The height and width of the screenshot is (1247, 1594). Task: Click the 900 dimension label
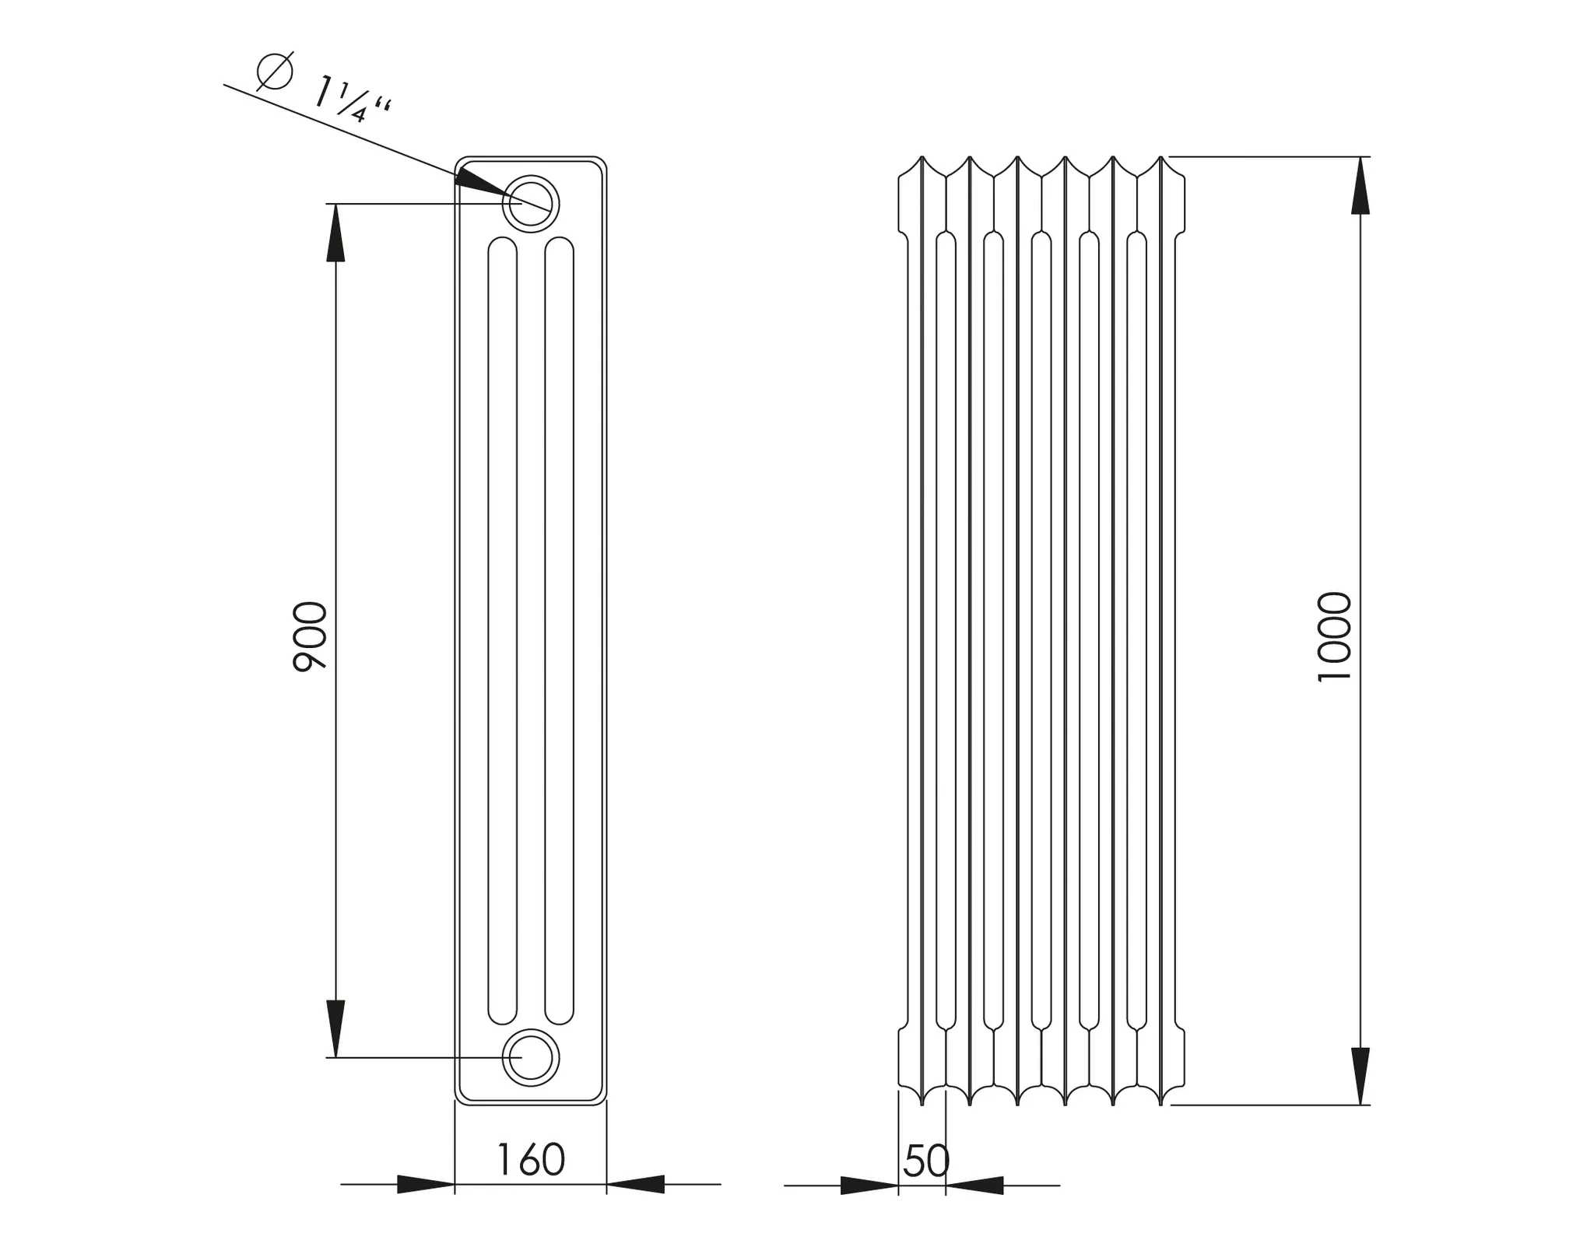pyautogui.click(x=311, y=636)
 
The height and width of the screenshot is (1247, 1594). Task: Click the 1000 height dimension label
pyautogui.click(x=1334, y=637)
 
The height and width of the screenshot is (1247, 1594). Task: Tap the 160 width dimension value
pyautogui.click(x=530, y=1160)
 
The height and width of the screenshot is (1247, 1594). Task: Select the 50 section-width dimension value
pyautogui.click(x=926, y=1161)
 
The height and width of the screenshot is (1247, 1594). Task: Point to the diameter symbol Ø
pyautogui.click(x=275, y=72)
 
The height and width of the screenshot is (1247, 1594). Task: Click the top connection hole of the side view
pyautogui.click(x=531, y=204)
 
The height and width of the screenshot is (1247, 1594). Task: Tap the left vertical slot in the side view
pyautogui.click(x=502, y=630)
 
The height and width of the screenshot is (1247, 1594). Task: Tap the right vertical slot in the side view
pyautogui.click(x=560, y=630)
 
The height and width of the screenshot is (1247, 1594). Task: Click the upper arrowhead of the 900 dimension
pyautogui.click(x=335, y=233)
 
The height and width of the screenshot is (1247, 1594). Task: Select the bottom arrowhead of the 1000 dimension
pyautogui.click(x=1360, y=1076)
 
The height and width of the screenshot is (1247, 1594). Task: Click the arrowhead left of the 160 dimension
pyautogui.click(x=426, y=1184)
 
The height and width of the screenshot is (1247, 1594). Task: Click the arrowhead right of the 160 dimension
pyautogui.click(x=635, y=1184)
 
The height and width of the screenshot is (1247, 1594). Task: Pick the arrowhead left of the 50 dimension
pyautogui.click(x=869, y=1186)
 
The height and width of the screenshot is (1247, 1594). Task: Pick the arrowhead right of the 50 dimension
pyautogui.click(x=974, y=1186)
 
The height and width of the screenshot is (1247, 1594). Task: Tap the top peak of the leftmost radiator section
pyautogui.click(x=922, y=158)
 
